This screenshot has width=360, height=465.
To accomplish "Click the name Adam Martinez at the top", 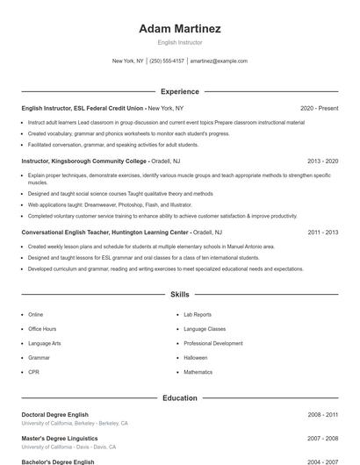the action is pos(180,29).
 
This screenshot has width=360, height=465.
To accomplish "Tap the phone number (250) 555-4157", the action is pos(167,61).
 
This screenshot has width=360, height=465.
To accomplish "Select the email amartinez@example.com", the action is pos(219,61).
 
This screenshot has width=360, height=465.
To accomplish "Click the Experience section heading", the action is pos(180,91).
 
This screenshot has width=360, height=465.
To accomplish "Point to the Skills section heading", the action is pos(180,295).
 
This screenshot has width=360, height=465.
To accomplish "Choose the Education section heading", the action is pos(180,398).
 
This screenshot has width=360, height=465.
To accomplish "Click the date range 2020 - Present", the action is pos(319,108).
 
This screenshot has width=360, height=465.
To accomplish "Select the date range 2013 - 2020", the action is pos(323,161).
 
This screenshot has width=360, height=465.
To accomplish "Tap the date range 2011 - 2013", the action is pos(323,232).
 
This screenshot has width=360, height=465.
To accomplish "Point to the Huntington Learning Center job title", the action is pos(105,232).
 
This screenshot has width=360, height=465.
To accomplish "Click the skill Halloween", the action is pos(195,358).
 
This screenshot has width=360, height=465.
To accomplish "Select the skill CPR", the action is pos(33,372).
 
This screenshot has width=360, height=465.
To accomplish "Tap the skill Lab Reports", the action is pos(198,314).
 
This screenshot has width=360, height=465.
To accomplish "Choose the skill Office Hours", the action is pos(42,329).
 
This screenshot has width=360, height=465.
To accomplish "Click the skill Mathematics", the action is pos(198,372).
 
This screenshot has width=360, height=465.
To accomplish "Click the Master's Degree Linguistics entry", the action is pos(60,438).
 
